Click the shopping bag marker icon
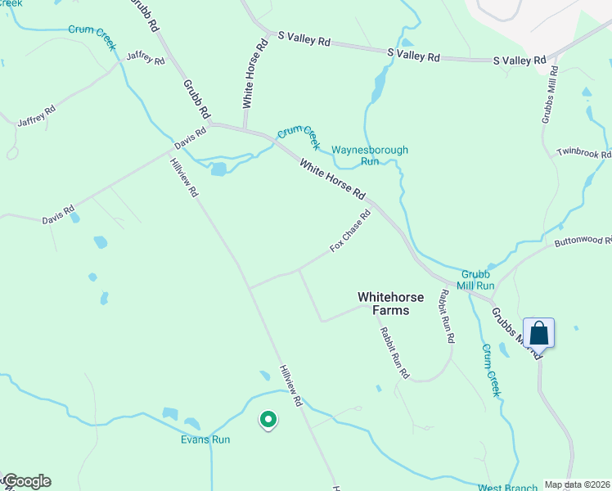click(538, 333)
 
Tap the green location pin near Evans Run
click(268, 420)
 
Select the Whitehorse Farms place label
click(383, 304)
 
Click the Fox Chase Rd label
click(350, 231)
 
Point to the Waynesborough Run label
click(370, 155)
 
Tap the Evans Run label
click(205, 439)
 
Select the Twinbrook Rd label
click(584, 153)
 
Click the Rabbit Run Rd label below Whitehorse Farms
click(394, 353)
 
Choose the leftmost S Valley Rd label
click(304, 38)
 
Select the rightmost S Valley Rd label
click(519, 61)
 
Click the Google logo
click(27, 481)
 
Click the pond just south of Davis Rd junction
click(218, 169)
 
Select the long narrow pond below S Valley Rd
click(378, 85)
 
